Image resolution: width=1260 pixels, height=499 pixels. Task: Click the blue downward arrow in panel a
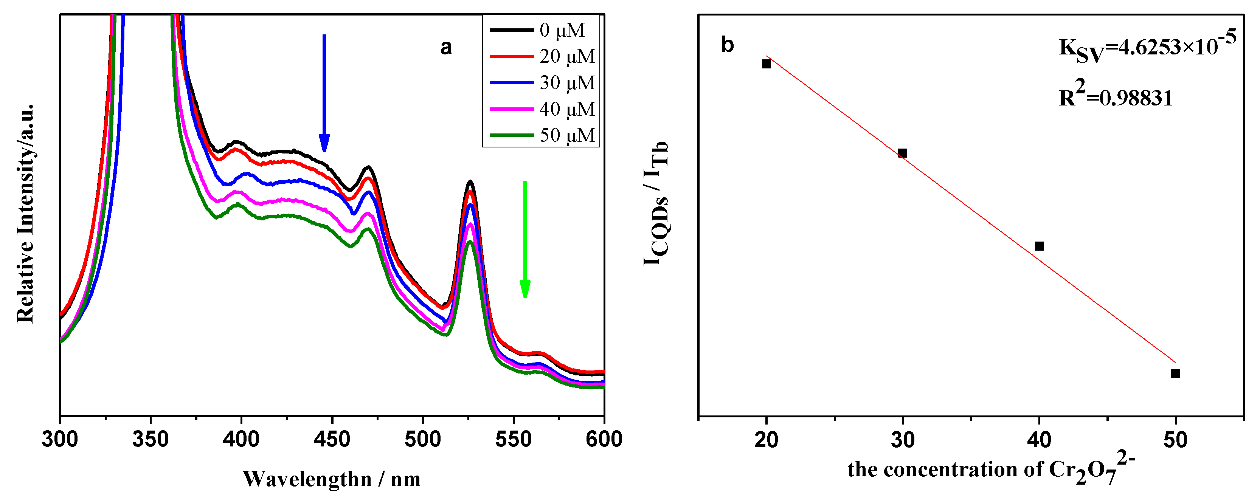[324, 93]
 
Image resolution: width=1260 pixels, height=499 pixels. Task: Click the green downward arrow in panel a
[525, 239]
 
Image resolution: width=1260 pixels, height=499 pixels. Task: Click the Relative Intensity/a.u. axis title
[25, 213]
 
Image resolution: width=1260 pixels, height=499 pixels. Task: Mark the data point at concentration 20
[767, 64]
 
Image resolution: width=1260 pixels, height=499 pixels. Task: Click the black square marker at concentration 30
[903, 153]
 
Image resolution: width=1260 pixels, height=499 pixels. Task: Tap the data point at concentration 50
[1176, 373]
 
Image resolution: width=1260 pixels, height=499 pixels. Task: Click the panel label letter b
[727, 45]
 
